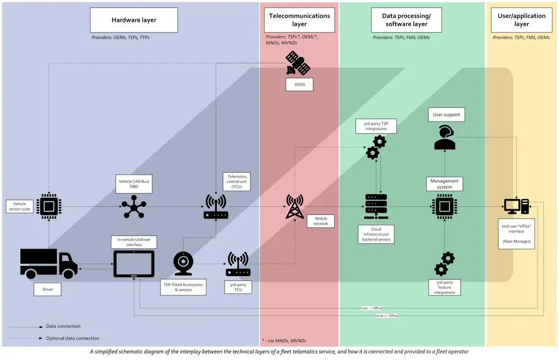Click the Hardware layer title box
(134, 20)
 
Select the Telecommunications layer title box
(299, 20)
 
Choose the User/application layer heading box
(521, 20)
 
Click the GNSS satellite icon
(298, 63)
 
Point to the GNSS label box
(299, 85)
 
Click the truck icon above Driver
(49, 263)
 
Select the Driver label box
(48, 289)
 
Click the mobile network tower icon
(295, 207)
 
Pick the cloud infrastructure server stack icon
(376, 207)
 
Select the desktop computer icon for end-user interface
(516, 207)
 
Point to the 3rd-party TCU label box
(239, 287)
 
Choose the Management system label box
(444, 184)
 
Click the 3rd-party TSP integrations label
(376, 126)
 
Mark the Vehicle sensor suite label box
(19, 207)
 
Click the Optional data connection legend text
(73, 338)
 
